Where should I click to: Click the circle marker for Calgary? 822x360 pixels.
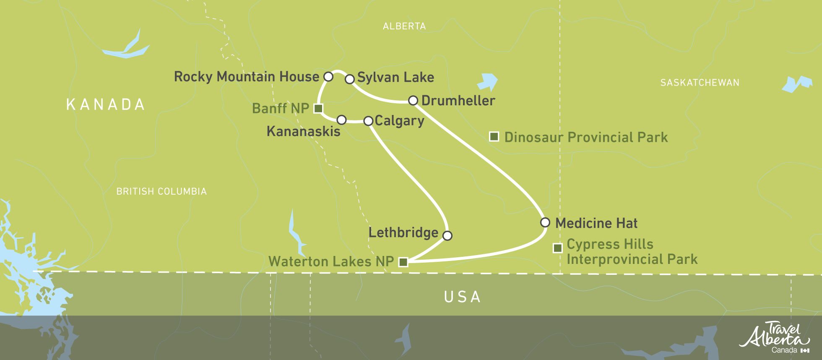point(368,121)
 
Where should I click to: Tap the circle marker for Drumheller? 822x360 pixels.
point(413,100)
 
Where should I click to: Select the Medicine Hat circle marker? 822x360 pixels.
point(545,222)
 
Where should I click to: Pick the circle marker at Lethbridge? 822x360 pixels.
point(447,235)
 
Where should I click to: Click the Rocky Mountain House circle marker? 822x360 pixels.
point(328,77)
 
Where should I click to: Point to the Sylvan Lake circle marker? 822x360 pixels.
point(349,79)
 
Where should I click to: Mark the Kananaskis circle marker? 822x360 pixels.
point(341,120)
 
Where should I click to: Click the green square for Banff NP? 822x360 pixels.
point(318,108)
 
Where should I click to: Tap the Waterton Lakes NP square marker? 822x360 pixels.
point(403,262)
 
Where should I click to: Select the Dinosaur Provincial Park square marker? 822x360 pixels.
point(494,136)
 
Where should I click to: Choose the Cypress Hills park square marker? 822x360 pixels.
point(557,248)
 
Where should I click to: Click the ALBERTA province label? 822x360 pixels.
point(404,26)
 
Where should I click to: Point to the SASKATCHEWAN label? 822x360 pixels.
point(700,83)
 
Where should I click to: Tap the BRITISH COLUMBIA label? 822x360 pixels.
point(161,191)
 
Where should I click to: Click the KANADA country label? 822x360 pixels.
point(106,104)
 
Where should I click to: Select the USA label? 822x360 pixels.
point(462,297)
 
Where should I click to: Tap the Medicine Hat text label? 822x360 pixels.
point(596,223)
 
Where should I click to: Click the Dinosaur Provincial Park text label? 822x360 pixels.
point(586,137)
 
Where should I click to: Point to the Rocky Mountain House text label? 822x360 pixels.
point(247,77)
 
